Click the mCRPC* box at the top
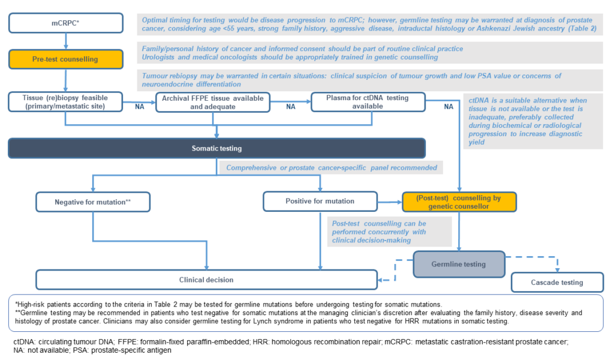pos(66,23)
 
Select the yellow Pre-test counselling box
pos(66,59)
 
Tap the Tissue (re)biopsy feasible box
pos(65,102)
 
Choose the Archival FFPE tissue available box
pos(213,102)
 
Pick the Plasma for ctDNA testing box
pos(368,102)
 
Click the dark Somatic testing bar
pos(216,148)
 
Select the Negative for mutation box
pos(93,202)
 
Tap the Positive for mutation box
pos(320,201)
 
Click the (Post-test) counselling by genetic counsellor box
pos(459,202)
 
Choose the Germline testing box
pos(459,264)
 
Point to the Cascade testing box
pos(557,282)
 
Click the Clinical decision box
pos(206,280)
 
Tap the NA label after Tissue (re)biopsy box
pos(139,107)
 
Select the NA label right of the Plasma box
pos(449,107)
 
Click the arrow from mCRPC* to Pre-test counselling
pos(66,41)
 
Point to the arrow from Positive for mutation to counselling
pos(390,202)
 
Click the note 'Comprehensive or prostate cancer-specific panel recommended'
pos(331,167)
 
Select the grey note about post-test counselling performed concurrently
pos(390,232)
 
